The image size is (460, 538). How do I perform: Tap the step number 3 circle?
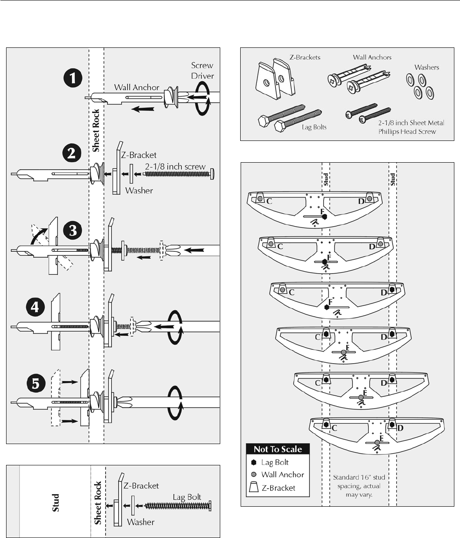click(73, 231)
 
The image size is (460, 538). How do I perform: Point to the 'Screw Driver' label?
click(202, 70)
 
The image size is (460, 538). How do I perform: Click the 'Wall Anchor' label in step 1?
click(137, 87)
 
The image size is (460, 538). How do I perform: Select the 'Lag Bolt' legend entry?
click(275, 462)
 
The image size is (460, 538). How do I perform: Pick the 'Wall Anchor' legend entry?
click(282, 475)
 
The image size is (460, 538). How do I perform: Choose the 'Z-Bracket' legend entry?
click(278, 488)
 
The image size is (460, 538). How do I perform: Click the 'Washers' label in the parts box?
click(427, 67)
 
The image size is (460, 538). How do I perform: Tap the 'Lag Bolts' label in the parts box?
click(314, 127)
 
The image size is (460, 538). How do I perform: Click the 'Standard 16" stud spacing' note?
click(359, 486)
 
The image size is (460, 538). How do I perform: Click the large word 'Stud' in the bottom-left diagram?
click(56, 502)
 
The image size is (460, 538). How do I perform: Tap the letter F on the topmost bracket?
click(322, 211)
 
